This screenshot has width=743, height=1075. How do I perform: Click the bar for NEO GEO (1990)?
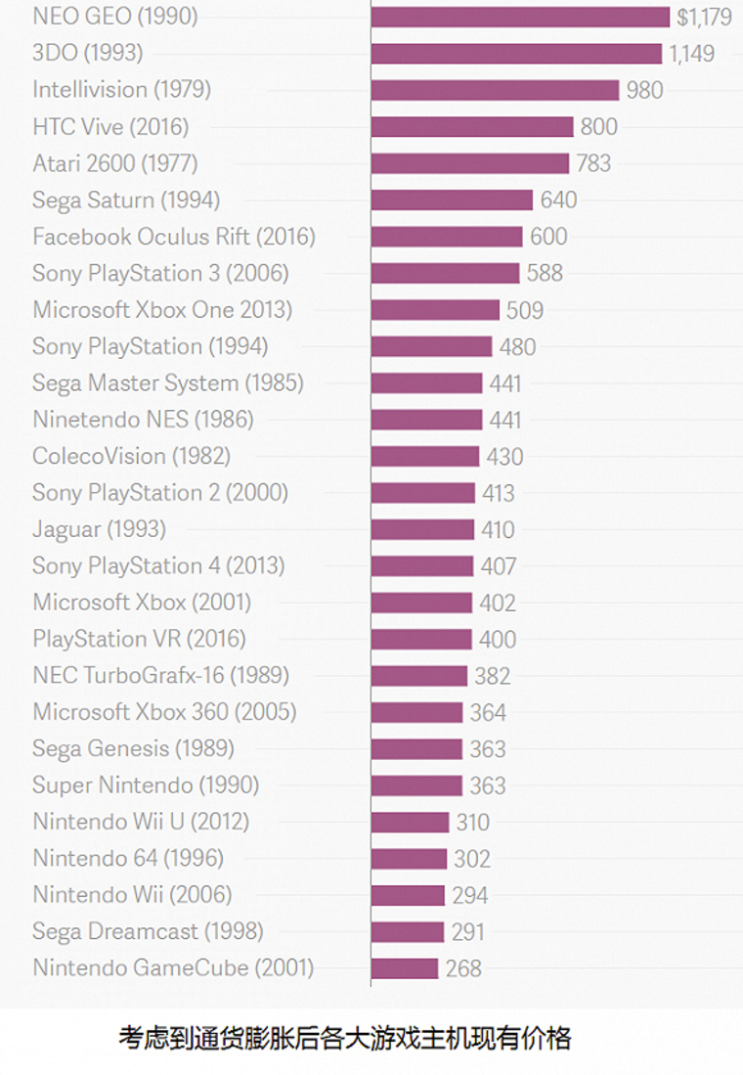coord(520,17)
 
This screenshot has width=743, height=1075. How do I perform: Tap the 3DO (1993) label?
coord(87,53)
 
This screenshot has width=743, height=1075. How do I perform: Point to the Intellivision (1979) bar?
coord(495,90)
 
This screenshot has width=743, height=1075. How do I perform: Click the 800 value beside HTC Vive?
coord(598,126)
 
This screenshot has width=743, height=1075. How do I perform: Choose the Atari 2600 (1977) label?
coord(114,163)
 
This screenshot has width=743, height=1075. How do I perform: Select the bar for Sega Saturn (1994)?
coord(452,200)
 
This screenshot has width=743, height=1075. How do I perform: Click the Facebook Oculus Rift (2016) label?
coord(174,237)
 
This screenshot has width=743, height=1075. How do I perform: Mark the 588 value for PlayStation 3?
coord(545,273)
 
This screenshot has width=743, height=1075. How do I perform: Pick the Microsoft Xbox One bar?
coord(435,310)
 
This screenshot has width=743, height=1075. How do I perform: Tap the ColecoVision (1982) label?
coord(131,456)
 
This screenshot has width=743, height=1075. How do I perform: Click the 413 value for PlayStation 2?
coord(498,493)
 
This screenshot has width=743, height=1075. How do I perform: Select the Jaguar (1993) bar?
coord(422,529)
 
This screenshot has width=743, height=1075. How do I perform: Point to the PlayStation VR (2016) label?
coord(139,639)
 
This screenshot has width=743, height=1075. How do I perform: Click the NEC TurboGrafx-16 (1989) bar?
coord(418,676)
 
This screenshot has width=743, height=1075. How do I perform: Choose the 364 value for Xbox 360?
coord(488,712)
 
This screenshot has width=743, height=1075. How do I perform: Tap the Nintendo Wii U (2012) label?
coord(141,822)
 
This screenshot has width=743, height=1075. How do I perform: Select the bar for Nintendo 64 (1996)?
coord(409,859)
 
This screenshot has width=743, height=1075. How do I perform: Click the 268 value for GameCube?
coord(463,968)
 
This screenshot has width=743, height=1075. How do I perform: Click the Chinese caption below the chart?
coord(344,1038)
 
